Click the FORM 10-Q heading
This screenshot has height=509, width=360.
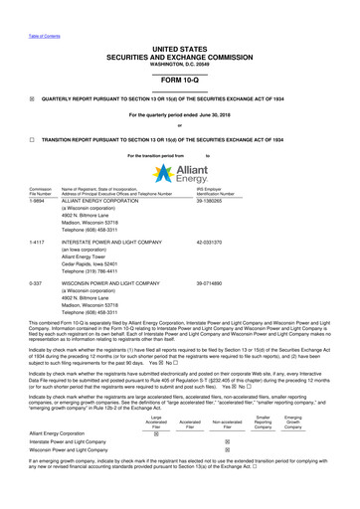click(x=179, y=79)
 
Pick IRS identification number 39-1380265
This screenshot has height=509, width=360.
click(x=258, y=201)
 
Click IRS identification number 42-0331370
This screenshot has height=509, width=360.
click(x=258, y=242)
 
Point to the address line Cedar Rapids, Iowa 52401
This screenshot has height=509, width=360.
click(x=103, y=261)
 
